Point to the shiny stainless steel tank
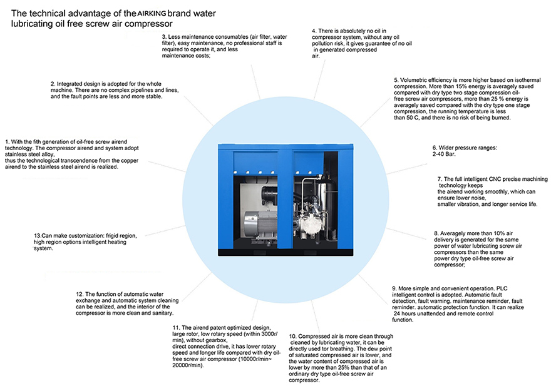(323, 191)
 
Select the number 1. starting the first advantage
(6, 141)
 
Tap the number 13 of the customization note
(38, 235)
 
